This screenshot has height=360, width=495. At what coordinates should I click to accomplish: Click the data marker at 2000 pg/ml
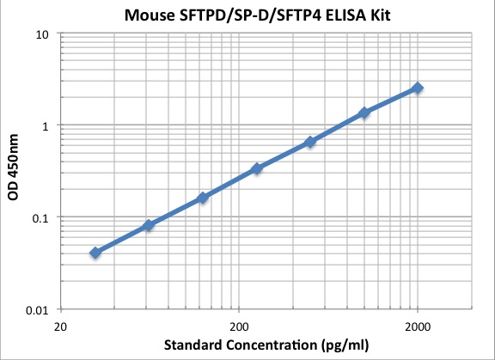(418, 88)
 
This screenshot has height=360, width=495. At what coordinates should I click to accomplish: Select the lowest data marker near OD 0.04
(95, 253)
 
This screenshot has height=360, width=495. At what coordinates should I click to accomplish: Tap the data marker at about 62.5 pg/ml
(149, 225)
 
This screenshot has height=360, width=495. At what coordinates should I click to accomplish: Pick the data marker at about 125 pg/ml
(203, 198)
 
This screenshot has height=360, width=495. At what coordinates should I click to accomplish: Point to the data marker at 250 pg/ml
(256, 168)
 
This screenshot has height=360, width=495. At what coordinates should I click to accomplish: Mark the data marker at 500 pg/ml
(310, 141)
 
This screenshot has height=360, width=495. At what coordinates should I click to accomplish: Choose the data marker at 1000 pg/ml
(364, 113)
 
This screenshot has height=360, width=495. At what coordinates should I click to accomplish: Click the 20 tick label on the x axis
(60, 326)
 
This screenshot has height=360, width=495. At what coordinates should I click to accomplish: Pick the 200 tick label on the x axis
(239, 326)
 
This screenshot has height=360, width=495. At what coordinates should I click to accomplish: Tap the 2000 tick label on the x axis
(418, 326)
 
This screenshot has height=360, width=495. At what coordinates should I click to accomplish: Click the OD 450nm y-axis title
(14, 172)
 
